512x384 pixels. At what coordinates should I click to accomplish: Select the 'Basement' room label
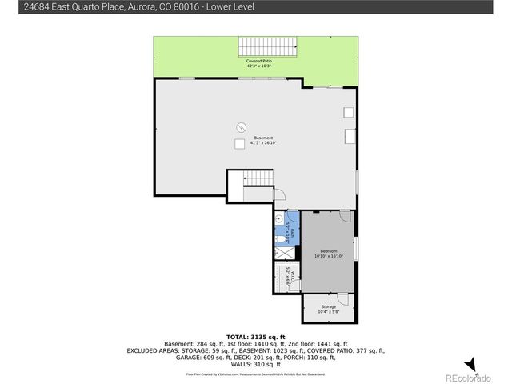(253, 138)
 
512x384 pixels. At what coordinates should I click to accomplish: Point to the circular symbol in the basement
(240, 126)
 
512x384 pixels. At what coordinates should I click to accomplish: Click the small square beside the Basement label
(239, 143)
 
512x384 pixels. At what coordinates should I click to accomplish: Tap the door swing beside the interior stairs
(279, 194)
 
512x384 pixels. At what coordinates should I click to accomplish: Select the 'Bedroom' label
(327, 250)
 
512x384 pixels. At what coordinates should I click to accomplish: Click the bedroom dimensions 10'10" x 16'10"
(327, 256)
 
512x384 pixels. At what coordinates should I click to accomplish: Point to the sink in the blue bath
(280, 217)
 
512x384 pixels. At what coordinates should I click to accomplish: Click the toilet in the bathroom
(277, 238)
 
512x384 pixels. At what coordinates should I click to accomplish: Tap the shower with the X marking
(282, 252)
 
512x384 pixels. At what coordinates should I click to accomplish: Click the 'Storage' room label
(329, 306)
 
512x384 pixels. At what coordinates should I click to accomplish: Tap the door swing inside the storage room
(342, 298)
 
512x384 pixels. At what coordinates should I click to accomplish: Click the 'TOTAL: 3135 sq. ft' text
(255, 336)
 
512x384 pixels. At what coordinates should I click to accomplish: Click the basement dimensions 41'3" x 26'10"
(253, 144)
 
